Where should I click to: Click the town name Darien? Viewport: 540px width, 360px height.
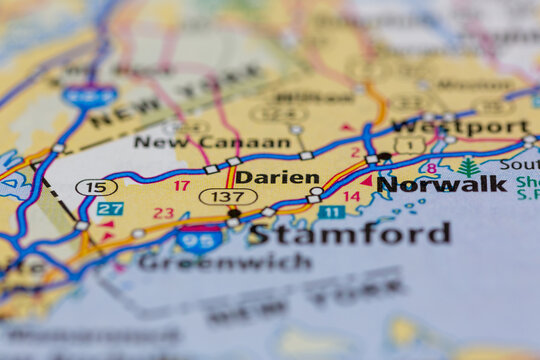[x=277, y=176]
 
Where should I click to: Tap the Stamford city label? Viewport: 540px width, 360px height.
[x=349, y=234]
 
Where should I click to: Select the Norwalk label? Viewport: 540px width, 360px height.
[x=441, y=184]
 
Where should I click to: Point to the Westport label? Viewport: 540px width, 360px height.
[x=459, y=127]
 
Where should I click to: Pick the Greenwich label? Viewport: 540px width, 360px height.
[x=224, y=262]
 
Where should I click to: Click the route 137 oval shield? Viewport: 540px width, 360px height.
[x=227, y=197]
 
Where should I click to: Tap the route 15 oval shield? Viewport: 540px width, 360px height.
[x=96, y=187]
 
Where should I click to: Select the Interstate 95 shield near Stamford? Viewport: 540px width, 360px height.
[x=199, y=239]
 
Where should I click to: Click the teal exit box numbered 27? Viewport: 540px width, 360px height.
[x=110, y=209]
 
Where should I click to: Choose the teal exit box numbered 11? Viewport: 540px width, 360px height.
[x=331, y=212]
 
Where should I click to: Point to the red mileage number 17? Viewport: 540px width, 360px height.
[x=181, y=185]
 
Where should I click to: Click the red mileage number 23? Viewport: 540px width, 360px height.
[x=163, y=213]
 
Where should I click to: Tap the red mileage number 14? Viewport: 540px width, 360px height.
[x=352, y=197]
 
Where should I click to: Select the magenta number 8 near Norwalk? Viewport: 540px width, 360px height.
[x=431, y=168]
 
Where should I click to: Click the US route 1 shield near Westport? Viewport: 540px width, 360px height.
[x=408, y=145]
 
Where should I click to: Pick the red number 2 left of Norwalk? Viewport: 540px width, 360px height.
[x=355, y=153]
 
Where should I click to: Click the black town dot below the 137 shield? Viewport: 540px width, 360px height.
[x=234, y=213]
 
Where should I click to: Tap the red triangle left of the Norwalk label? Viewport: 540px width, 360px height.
[x=366, y=181]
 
